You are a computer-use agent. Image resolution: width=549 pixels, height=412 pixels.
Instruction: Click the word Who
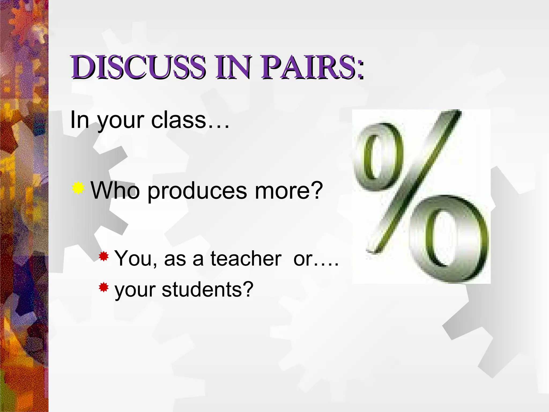pyautogui.click(x=115, y=190)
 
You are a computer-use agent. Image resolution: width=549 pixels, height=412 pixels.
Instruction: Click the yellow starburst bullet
pyautogui.click(x=78, y=187)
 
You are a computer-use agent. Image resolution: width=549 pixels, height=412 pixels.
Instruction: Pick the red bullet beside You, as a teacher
pyautogui.click(x=103, y=257)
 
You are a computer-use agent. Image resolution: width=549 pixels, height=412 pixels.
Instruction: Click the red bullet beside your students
pyautogui.click(x=103, y=288)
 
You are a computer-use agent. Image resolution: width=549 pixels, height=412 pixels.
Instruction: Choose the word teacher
pyautogui.click(x=246, y=258)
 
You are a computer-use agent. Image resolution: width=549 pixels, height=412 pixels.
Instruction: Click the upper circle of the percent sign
pyautogui.click(x=377, y=157)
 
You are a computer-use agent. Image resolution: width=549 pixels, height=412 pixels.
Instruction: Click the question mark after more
pyautogui.click(x=316, y=190)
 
